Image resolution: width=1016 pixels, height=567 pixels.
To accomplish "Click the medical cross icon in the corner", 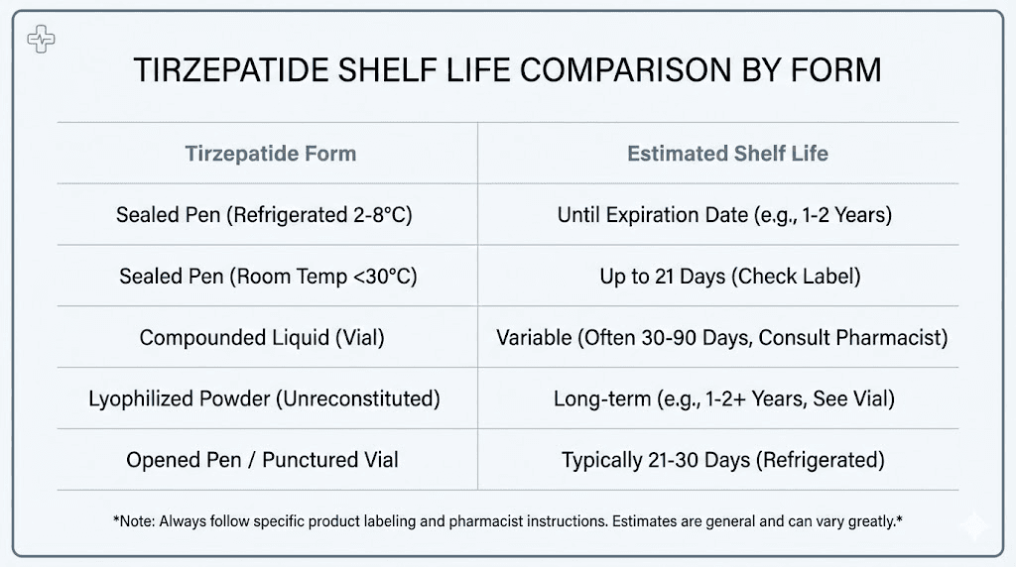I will click(41, 41).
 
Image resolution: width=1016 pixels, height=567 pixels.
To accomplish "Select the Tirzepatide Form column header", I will click(270, 154).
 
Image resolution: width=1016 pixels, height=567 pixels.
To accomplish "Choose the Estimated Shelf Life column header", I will click(727, 154).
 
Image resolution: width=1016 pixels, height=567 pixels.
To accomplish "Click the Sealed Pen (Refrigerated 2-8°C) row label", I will click(269, 215).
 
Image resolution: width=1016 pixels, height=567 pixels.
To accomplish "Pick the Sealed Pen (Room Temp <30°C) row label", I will click(268, 277).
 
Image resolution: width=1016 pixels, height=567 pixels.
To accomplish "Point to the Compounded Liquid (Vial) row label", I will click(262, 338).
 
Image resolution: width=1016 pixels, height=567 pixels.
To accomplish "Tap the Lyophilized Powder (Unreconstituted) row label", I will click(264, 399).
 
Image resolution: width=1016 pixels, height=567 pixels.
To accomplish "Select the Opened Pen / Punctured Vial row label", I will click(262, 461).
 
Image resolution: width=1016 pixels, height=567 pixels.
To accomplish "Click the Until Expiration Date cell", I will click(724, 215).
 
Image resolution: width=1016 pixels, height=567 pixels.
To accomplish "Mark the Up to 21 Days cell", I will click(729, 277).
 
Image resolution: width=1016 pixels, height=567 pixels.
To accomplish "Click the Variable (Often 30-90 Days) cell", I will click(721, 338).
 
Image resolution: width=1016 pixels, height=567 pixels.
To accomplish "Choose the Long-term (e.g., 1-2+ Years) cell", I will click(724, 399).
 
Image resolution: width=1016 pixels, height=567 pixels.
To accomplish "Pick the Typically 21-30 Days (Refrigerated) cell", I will click(722, 461).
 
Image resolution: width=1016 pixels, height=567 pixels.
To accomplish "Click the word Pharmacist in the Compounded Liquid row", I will click(892, 338).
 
